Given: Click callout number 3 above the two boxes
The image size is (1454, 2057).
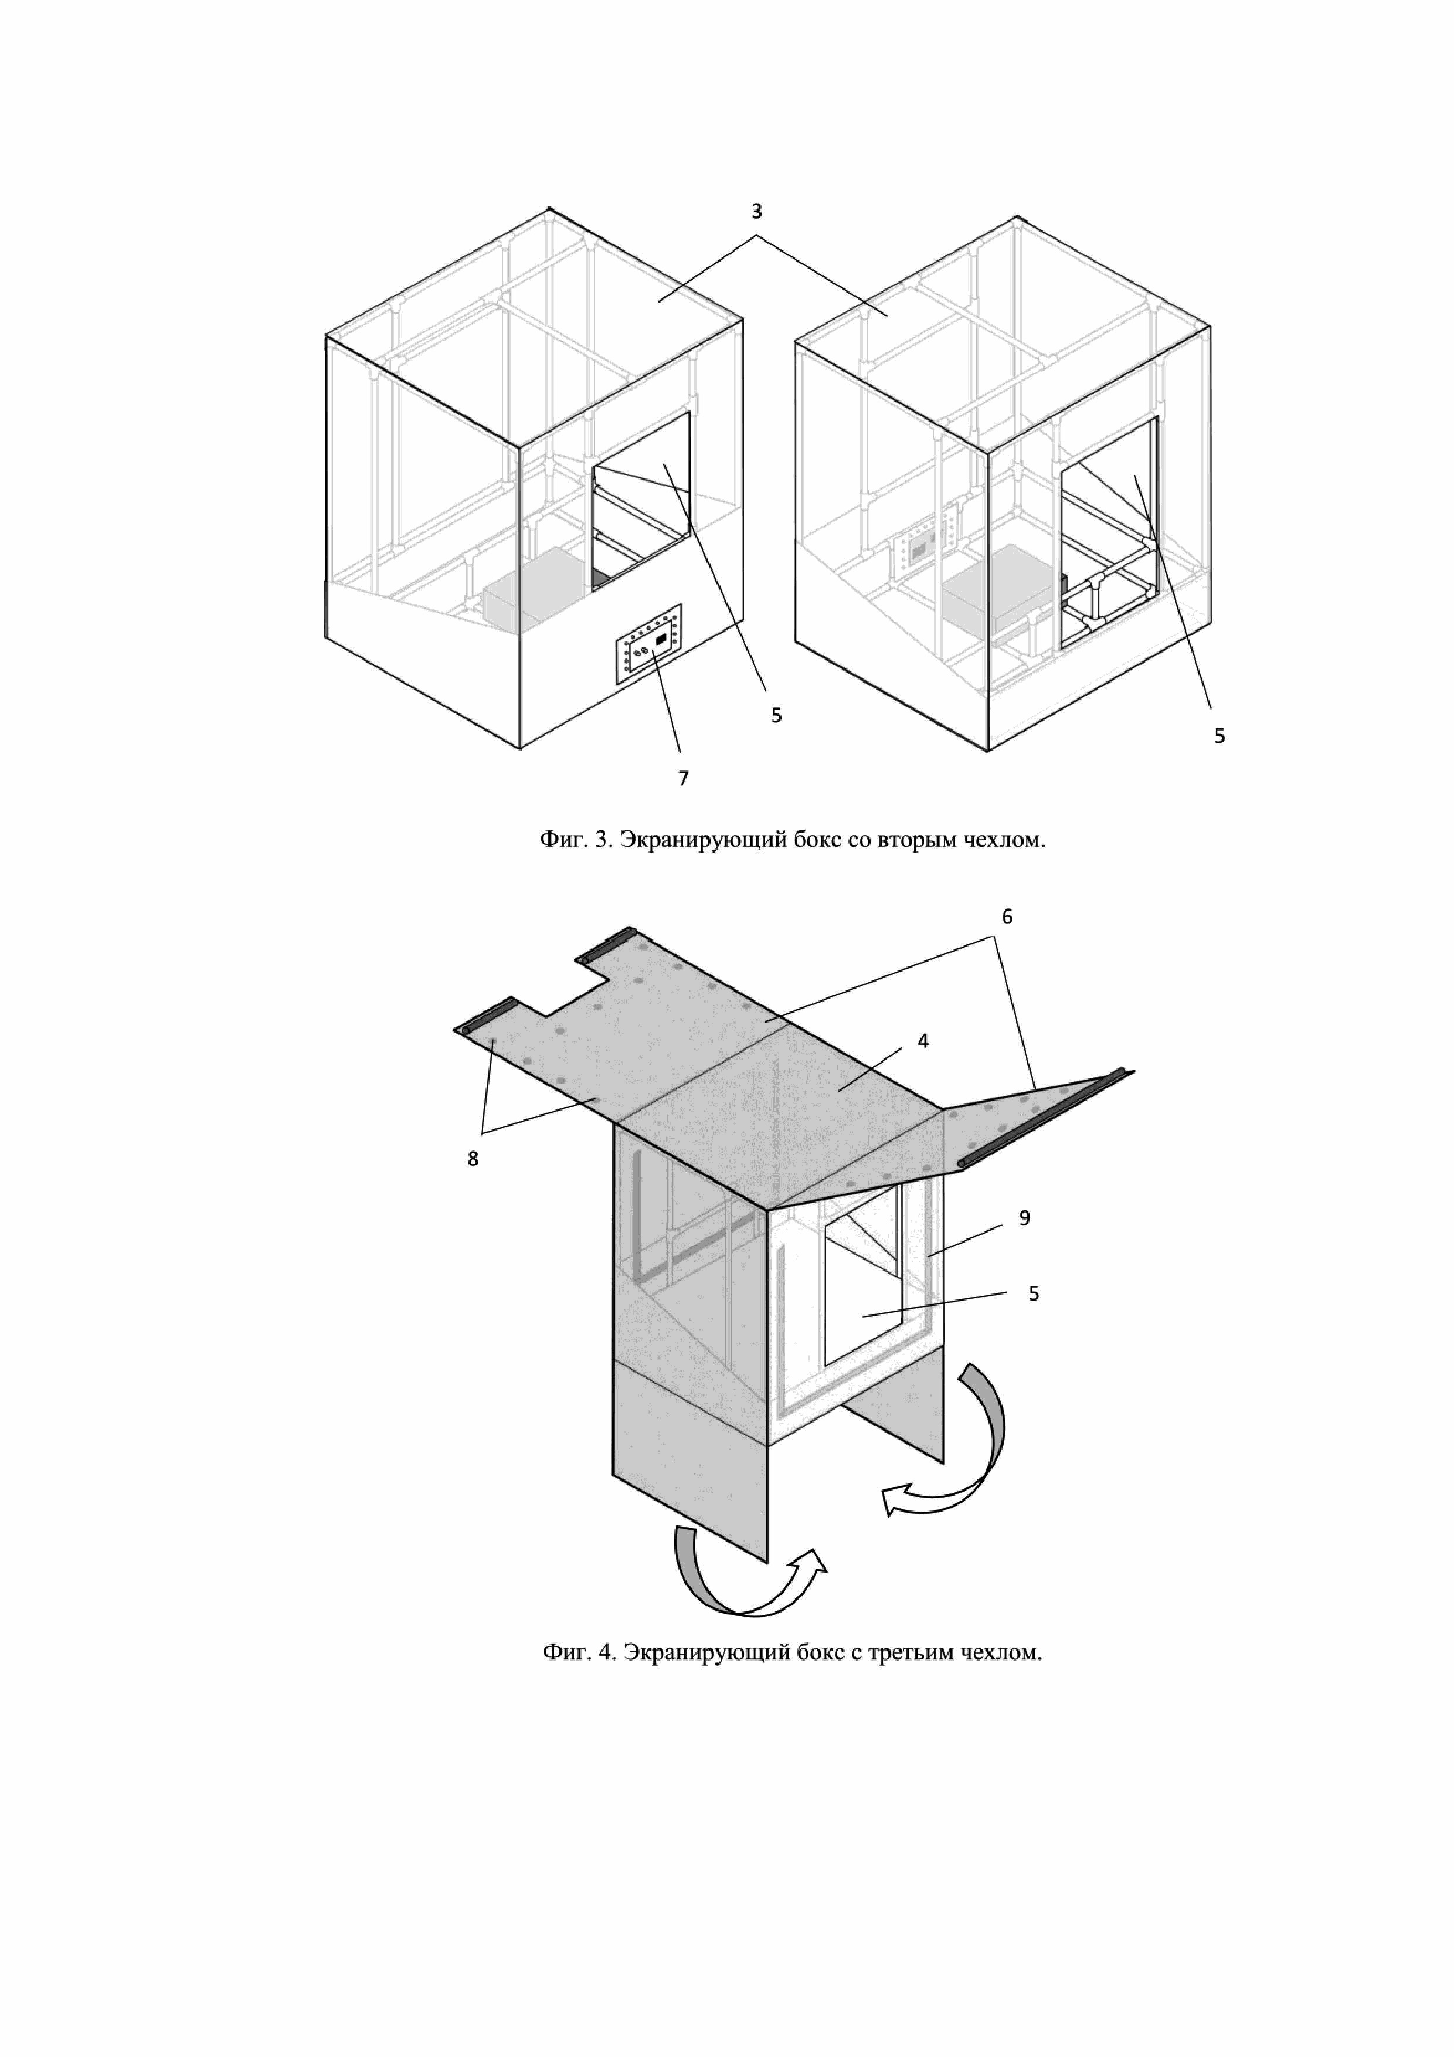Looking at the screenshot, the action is click(x=756, y=212).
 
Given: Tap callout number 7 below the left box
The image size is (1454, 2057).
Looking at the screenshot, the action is click(x=684, y=779).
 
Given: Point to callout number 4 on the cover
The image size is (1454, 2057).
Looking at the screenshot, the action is click(x=923, y=1041).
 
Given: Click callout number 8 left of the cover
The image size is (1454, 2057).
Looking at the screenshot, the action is click(x=473, y=1159).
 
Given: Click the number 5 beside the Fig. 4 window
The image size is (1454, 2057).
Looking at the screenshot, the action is click(x=1034, y=1293).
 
